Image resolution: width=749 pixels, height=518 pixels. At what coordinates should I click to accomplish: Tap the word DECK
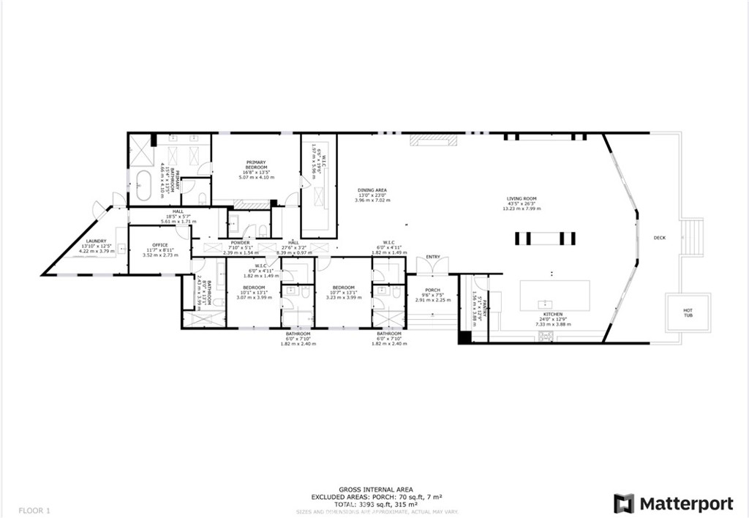pyautogui.click(x=659, y=237)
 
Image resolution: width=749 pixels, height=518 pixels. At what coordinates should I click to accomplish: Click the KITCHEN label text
pyautogui.click(x=552, y=315)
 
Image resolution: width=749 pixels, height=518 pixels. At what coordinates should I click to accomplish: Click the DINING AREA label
pyautogui.click(x=372, y=190)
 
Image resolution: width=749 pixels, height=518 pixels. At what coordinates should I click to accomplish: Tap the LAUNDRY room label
pyautogui.click(x=96, y=241)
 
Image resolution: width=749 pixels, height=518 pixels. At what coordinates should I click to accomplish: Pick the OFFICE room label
pyautogui.click(x=159, y=245)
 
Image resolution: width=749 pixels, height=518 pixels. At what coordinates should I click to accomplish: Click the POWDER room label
pyautogui.click(x=240, y=243)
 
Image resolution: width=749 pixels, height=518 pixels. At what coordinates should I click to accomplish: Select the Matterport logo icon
pyautogui.click(x=623, y=503)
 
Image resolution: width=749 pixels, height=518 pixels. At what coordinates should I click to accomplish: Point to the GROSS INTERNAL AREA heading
pyautogui.click(x=375, y=489)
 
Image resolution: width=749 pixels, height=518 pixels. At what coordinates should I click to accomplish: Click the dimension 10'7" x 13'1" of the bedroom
pyautogui.click(x=343, y=293)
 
